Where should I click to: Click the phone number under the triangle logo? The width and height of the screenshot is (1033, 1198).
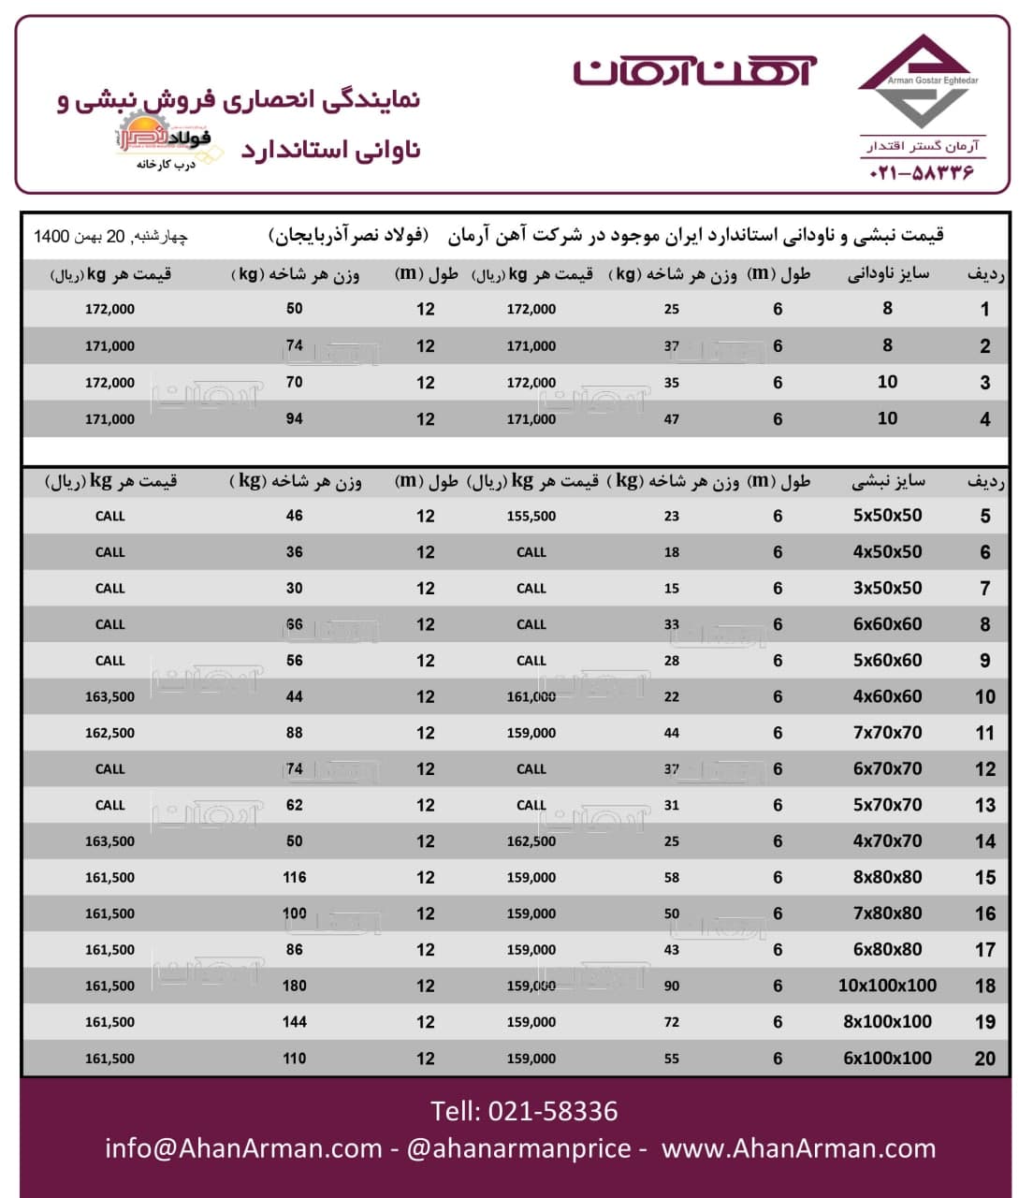click(922, 173)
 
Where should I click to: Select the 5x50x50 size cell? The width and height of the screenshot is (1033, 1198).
click(887, 516)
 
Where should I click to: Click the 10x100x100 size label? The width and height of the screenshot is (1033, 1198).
click(887, 986)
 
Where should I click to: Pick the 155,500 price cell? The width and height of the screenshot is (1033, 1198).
click(531, 517)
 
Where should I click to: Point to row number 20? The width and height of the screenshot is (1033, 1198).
click(984, 1059)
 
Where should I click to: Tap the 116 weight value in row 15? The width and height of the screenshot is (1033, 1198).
click(294, 878)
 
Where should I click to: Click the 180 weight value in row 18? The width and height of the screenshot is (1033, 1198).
click(294, 986)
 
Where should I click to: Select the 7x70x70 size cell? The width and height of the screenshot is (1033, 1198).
click(887, 733)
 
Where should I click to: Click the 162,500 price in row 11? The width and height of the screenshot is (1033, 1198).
click(109, 734)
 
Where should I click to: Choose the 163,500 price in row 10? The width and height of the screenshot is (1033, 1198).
click(109, 697)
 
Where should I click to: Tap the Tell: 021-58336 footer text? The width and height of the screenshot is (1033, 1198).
click(524, 1111)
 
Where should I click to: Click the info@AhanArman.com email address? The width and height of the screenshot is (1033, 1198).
click(243, 1148)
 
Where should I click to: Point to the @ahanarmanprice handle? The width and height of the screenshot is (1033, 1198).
click(518, 1148)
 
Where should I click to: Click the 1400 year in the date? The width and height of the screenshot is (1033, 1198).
click(51, 236)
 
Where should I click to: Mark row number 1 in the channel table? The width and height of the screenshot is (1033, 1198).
click(984, 310)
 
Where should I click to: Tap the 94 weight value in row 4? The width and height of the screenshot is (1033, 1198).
click(294, 419)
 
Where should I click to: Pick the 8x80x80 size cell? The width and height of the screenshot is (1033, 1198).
click(887, 878)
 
